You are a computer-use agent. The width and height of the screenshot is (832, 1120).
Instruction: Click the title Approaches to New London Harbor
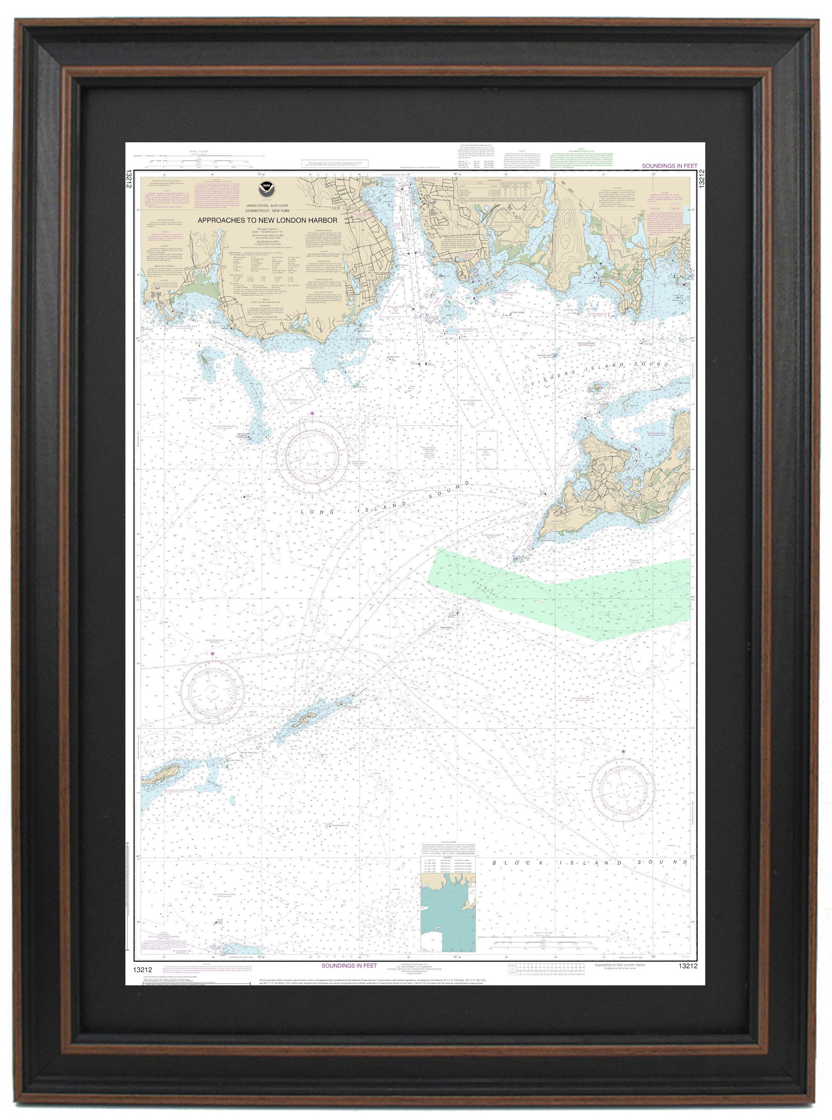click(267, 220)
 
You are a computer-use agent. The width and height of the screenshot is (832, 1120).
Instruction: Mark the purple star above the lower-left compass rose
click(212, 653)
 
